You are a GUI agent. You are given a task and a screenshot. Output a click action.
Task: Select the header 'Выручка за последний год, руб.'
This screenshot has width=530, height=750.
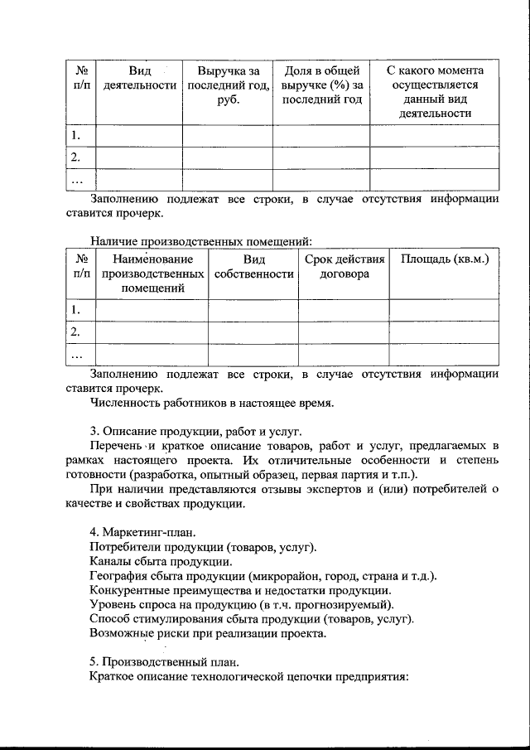[x=228, y=85]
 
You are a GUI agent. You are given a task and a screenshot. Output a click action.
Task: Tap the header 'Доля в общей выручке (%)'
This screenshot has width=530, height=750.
[x=321, y=85]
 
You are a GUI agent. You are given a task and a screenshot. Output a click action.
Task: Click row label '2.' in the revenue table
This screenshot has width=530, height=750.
[x=76, y=157]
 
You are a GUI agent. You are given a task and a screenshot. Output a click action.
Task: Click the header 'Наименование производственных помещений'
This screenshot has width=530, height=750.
[x=152, y=274]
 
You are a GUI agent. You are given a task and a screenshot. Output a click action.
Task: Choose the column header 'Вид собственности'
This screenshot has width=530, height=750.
[x=253, y=267]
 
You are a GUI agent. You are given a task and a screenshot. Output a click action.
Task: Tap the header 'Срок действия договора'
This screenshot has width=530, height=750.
[x=344, y=267]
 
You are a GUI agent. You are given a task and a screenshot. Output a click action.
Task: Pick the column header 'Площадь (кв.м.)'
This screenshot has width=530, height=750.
[x=445, y=259]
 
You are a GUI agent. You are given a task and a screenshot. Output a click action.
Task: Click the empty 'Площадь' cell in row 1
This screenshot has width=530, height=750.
[x=445, y=310]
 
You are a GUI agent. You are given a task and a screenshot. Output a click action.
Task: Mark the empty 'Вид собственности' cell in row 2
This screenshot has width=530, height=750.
[x=253, y=331]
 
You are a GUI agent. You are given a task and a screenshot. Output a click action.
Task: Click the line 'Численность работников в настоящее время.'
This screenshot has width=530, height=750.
[x=212, y=404]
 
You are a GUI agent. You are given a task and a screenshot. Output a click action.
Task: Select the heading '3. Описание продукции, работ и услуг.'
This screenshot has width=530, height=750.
[x=196, y=432]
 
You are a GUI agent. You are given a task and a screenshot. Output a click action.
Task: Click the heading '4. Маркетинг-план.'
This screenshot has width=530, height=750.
[x=142, y=531]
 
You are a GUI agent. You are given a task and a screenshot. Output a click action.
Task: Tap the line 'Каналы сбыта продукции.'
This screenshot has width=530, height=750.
[x=160, y=562]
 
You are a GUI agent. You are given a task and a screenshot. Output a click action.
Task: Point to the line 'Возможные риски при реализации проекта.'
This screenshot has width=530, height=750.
[x=208, y=634]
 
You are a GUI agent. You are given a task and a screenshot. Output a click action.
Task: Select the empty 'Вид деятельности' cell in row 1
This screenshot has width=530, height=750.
[x=139, y=135]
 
